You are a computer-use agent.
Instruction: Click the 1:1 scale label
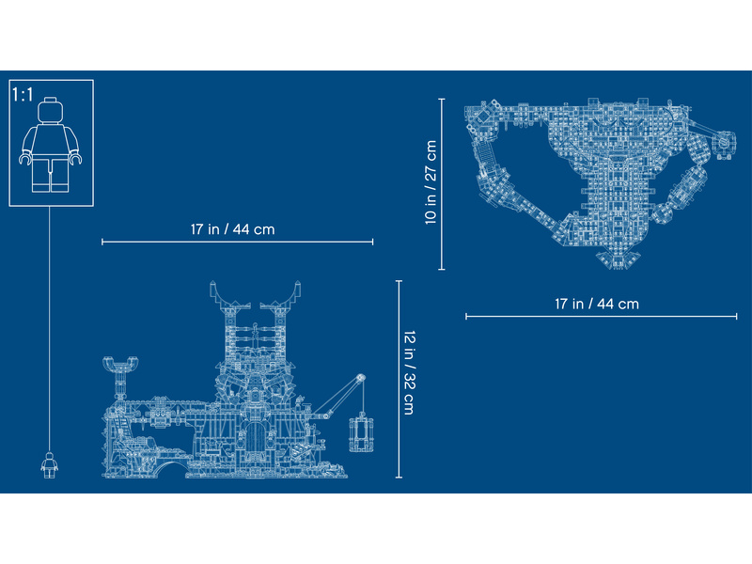click(x=23, y=95)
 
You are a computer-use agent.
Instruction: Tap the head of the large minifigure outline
click(x=51, y=109)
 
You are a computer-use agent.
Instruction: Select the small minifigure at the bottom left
click(x=49, y=465)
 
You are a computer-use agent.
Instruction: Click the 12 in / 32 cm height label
click(x=409, y=372)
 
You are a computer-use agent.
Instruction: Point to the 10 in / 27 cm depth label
click(x=431, y=181)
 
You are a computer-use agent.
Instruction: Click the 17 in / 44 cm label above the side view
click(x=232, y=229)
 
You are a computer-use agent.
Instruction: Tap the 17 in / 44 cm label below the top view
click(x=597, y=304)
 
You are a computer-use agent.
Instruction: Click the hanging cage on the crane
click(x=361, y=433)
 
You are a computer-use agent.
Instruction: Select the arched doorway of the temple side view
click(x=255, y=439)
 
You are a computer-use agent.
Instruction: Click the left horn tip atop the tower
click(x=213, y=286)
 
